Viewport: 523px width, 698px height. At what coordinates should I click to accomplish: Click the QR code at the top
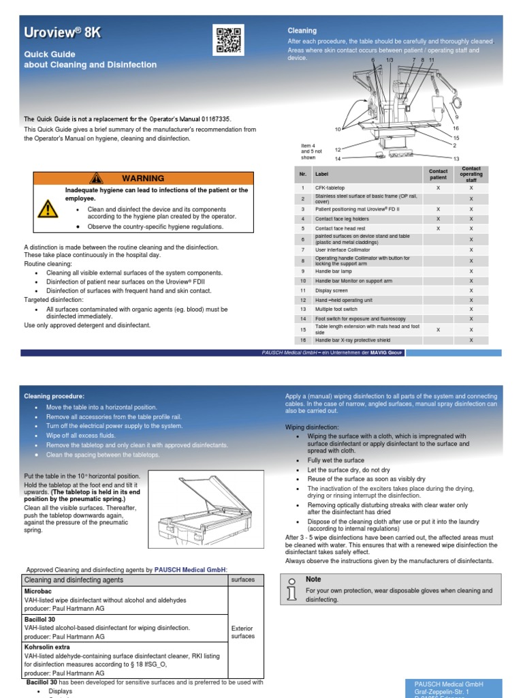[228, 40]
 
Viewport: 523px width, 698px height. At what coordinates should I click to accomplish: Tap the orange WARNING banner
[144, 178]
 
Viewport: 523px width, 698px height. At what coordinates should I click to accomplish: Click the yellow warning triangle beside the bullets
[48, 207]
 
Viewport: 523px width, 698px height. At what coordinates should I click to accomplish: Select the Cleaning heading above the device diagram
[302, 31]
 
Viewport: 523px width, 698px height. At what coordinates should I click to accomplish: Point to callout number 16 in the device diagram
[456, 128]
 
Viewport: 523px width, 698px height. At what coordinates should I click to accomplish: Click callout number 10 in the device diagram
[338, 129]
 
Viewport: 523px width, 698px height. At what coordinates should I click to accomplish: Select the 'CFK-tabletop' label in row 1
[331, 187]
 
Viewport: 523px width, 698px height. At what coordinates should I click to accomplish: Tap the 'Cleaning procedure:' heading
[54, 395]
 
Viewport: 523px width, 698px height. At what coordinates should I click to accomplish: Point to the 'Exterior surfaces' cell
[242, 632]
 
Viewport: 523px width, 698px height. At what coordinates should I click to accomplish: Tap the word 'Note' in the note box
[313, 579]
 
